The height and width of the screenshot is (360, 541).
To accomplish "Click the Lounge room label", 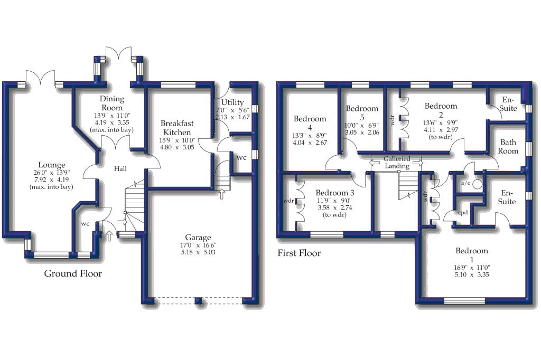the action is click(x=52, y=165).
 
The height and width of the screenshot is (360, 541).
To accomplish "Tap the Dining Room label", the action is click(x=112, y=103).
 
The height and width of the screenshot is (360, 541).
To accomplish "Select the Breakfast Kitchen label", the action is click(x=177, y=128).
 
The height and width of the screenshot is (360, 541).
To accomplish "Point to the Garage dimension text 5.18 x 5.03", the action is click(x=198, y=252).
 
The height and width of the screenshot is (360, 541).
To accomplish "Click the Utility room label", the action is click(x=232, y=102).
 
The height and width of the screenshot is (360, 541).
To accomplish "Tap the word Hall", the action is click(x=120, y=168).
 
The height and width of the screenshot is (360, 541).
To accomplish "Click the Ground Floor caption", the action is click(x=73, y=273).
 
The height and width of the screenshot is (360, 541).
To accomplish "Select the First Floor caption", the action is click(x=299, y=253).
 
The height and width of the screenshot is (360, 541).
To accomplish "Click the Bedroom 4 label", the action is click(x=310, y=123).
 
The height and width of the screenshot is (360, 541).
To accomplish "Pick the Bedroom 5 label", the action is click(x=362, y=113).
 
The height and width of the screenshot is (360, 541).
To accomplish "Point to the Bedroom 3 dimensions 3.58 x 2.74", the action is click(x=334, y=207).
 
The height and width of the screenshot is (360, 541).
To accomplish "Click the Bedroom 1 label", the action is click(x=472, y=255).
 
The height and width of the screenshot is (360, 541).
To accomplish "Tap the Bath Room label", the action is click(x=508, y=147).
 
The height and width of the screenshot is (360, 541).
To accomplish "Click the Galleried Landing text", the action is click(x=397, y=163).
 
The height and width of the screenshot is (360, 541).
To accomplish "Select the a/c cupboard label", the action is click(x=465, y=183).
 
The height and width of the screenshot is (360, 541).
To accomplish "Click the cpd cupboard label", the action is click(x=463, y=212).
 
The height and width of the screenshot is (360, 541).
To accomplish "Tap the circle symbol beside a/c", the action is click(x=477, y=184).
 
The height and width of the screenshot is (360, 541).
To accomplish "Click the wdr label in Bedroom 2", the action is click(x=393, y=120).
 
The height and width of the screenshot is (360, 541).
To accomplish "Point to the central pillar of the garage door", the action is click(x=199, y=301).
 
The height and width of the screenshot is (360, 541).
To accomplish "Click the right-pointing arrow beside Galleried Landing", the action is click(x=417, y=163).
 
